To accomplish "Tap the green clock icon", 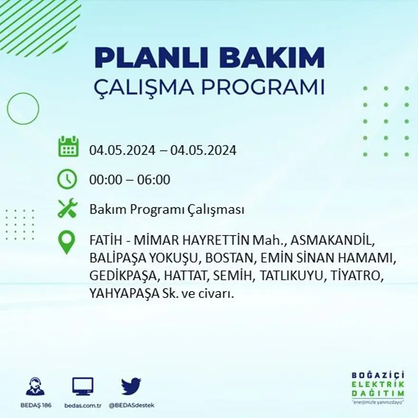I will coord(67,179).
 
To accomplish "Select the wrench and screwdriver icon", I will coord(67,209).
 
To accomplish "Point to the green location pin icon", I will coord(66,242).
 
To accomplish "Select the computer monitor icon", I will coord(83,386).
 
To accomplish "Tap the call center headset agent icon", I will coord(35,386).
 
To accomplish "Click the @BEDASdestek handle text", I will coord(132,405).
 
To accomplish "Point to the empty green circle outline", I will coord(23,109).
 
